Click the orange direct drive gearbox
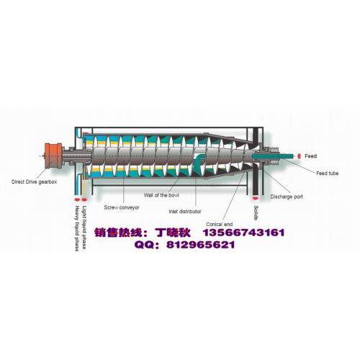coord(53,156)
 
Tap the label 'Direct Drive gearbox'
coord(35,182)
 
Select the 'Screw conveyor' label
coord(122,207)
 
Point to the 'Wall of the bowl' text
coord(161,195)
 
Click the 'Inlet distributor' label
coord(185,212)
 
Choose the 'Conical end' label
coord(220,225)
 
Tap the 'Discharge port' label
coord(287,197)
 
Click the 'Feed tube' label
coord(328,173)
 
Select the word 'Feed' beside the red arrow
coord(311,156)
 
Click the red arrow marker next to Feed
coord(299,156)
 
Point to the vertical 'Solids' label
coord(256,213)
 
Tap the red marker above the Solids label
coord(256,198)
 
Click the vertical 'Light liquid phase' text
coord(84,228)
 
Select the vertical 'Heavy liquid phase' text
coord(77,228)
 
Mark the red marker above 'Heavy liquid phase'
coord(77,199)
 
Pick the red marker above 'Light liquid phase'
coord(84,199)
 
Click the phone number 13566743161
coord(244,233)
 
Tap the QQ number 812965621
coord(201,245)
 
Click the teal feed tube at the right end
coord(273,156)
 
